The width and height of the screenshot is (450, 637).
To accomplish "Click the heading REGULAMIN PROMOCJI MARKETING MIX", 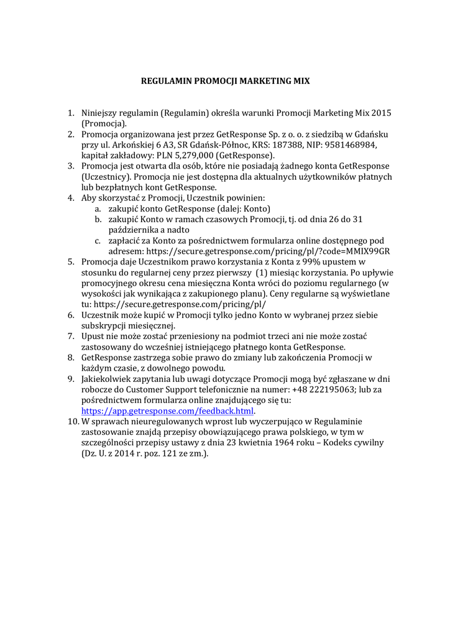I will (x=224, y=81).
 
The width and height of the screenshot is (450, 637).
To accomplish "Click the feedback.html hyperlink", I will (x=168, y=411).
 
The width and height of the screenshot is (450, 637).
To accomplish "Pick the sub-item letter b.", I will (x=98, y=219).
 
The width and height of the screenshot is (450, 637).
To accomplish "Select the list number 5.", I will (x=71, y=262).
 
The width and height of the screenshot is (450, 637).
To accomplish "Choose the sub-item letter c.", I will (x=98, y=240).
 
